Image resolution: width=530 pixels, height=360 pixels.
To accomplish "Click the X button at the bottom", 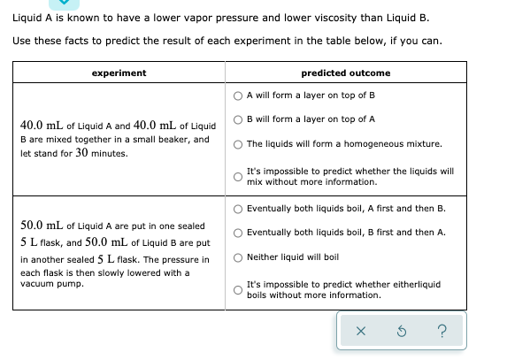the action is [360, 331].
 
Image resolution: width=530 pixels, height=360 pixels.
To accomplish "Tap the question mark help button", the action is [442, 331].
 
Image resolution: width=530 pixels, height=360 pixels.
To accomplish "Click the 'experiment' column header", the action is [118, 73].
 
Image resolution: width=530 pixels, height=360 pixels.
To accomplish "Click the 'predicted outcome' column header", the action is [345, 73].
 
